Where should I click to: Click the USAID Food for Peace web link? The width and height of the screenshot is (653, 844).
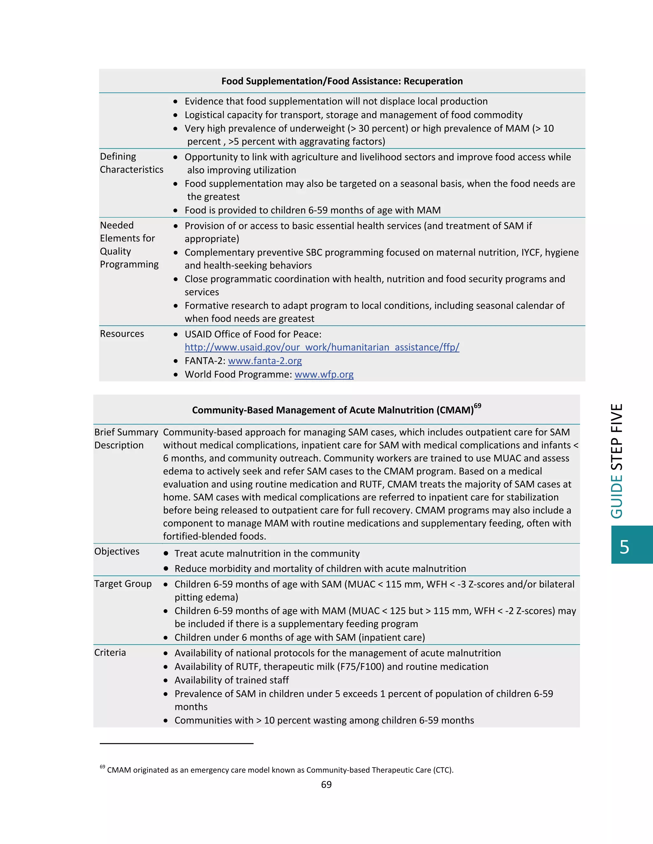click(x=322, y=347)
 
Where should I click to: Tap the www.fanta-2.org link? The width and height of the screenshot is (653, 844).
click(x=265, y=361)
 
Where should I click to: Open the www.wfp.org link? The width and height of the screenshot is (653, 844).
click(x=324, y=374)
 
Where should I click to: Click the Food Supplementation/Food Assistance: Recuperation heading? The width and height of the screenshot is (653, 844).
click(x=342, y=81)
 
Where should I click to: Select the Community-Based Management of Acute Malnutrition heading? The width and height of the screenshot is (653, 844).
click(x=333, y=410)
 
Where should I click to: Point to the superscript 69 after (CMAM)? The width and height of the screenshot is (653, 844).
click(x=477, y=406)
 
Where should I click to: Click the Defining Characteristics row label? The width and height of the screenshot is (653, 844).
click(x=132, y=163)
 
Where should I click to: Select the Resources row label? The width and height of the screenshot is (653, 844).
click(x=122, y=333)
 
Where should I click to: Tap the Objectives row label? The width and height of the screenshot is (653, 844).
click(x=117, y=551)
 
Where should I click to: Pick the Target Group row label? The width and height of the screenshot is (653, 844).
click(x=123, y=583)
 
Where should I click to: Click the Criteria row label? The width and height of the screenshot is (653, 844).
click(x=110, y=652)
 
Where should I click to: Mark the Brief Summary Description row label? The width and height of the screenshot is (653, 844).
click(x=126, y=438)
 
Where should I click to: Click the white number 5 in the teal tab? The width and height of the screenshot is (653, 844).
click(x=624, y=547)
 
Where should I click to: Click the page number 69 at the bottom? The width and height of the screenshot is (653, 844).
click(x=326, y=784)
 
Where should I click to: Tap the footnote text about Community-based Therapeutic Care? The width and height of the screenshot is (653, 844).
click(x=280, y=770)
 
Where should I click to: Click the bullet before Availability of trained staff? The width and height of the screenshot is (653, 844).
click(x=165, y=680)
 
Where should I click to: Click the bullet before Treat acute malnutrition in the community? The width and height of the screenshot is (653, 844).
click(x=165, y=554)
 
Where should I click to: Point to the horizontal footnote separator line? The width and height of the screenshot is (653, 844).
click(x=176, y=743)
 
